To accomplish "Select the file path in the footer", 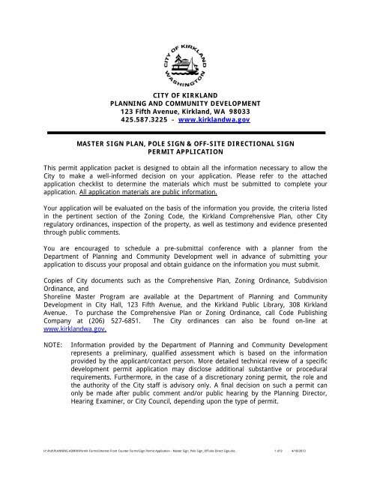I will pyautogui.click(x=142, y=469).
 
